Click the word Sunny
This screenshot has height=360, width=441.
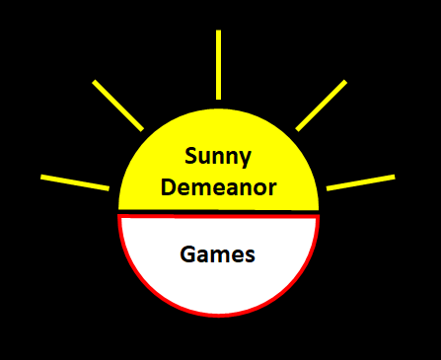[x=218, y=157]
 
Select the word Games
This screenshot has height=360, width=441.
[x=218, y=254]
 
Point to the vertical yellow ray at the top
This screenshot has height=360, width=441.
[x=218, y=64]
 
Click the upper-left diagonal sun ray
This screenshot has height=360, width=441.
[x=118, y=105]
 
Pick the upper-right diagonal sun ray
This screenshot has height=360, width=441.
[x=321, y=105]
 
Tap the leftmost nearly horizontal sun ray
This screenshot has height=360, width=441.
[x=75, y=181]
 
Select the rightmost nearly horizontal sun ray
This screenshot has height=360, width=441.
[x=360, y=181]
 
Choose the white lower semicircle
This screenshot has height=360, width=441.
[x=218, y=286]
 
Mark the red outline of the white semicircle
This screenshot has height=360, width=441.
[x=218, y=315]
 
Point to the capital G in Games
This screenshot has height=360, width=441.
[x=187, y=254]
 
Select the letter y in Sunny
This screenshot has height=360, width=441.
[x=246, y=159]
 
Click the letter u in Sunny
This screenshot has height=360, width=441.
[x=204, y=158]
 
